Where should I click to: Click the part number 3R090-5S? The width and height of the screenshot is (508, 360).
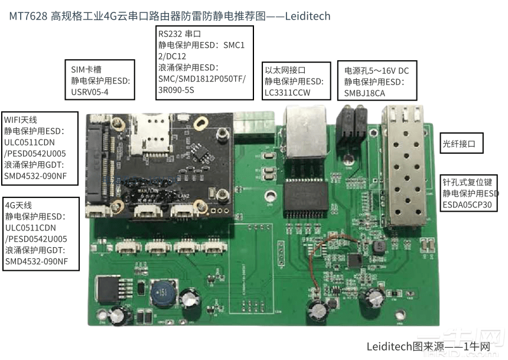pos(176,90)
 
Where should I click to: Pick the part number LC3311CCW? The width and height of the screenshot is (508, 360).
pos(288,92)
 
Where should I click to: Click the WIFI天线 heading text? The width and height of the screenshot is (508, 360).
pos(22,119)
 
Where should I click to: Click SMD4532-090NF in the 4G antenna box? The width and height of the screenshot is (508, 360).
pos(36,261)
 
